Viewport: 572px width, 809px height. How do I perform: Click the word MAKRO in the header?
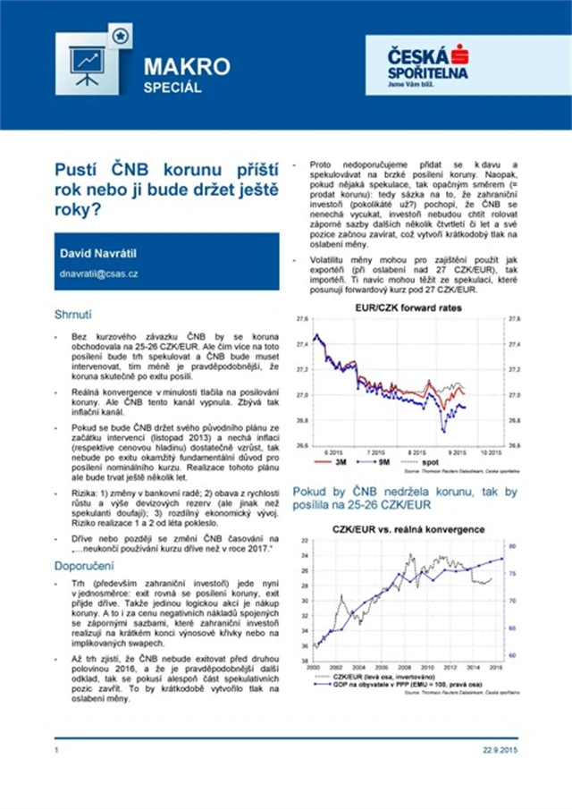(187, 67)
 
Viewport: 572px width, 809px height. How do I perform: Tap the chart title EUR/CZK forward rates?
(400, 307)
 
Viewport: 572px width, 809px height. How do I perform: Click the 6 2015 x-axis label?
(324, 452)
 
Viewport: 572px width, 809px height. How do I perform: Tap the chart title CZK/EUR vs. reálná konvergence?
(408, 529)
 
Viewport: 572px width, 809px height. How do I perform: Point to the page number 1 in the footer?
(56, 749)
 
